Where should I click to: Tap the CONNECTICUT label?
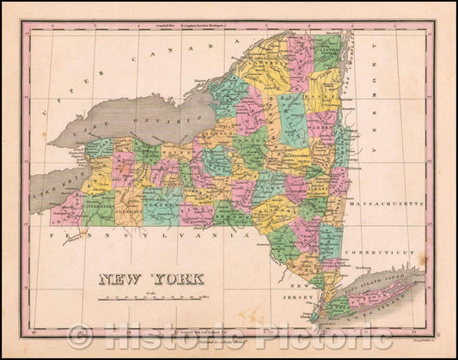point(390,252)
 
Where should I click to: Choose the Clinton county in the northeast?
point(326,52)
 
